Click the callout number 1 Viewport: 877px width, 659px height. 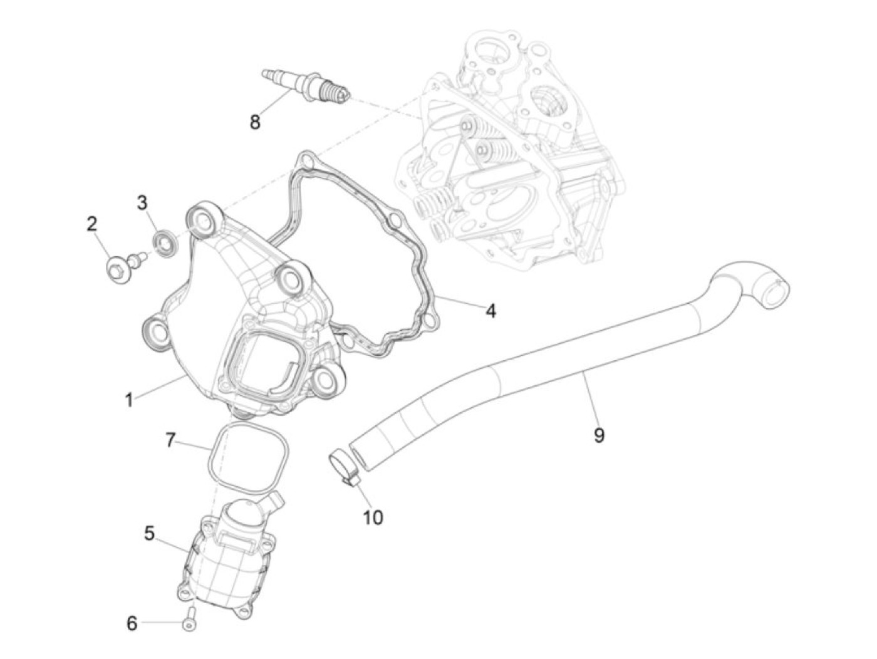(129, 399)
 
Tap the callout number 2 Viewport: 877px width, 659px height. (92, 224)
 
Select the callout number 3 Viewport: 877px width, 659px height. (142, 202)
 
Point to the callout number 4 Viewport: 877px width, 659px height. (491, 310)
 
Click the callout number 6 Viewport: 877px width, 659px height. (132, 623)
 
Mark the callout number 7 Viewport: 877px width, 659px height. (170, 440)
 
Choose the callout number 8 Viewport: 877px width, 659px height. (254, 122)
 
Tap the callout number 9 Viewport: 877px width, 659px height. (599, 435)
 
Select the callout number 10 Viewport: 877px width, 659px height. (373, 517)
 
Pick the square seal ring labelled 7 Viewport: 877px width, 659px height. (248, 457)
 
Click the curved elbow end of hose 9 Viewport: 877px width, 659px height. (755, 281)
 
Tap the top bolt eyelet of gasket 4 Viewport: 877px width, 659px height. (306, 161)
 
